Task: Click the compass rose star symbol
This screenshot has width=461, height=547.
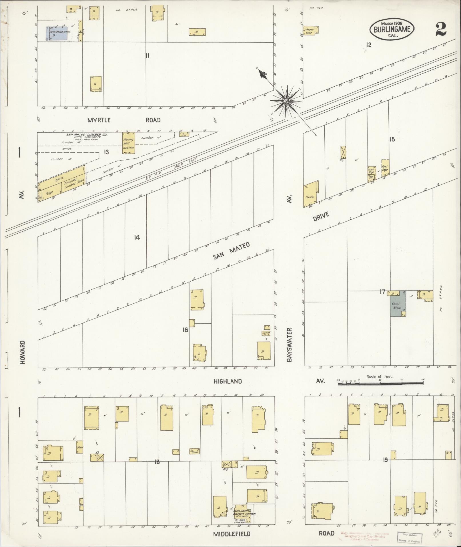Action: point(286,101)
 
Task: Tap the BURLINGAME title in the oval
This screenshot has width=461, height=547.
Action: point(392,29)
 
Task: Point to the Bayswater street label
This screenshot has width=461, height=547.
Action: point(290,345)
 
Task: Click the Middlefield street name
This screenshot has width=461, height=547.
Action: point(232,534)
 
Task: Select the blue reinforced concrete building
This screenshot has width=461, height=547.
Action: point(57,33)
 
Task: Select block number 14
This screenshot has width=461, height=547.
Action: point(137,237)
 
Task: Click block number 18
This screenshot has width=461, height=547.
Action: point(157,462)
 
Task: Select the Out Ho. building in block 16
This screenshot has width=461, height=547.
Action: point(266,333)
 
